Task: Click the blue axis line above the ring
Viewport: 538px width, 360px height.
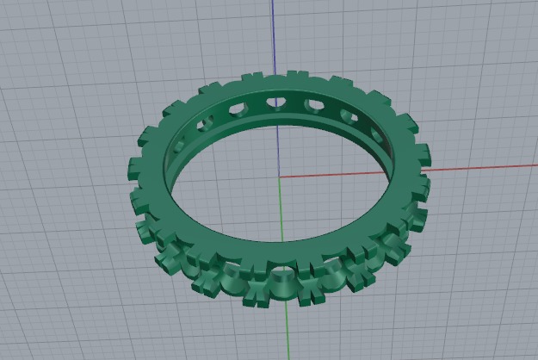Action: coord(274,34)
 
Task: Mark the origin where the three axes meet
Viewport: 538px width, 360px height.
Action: coord(281,177)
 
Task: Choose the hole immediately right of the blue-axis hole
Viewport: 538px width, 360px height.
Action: coord(314,107)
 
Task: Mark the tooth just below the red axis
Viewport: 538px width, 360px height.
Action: coord(424,183)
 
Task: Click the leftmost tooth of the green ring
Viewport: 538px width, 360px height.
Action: coord(135,164)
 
